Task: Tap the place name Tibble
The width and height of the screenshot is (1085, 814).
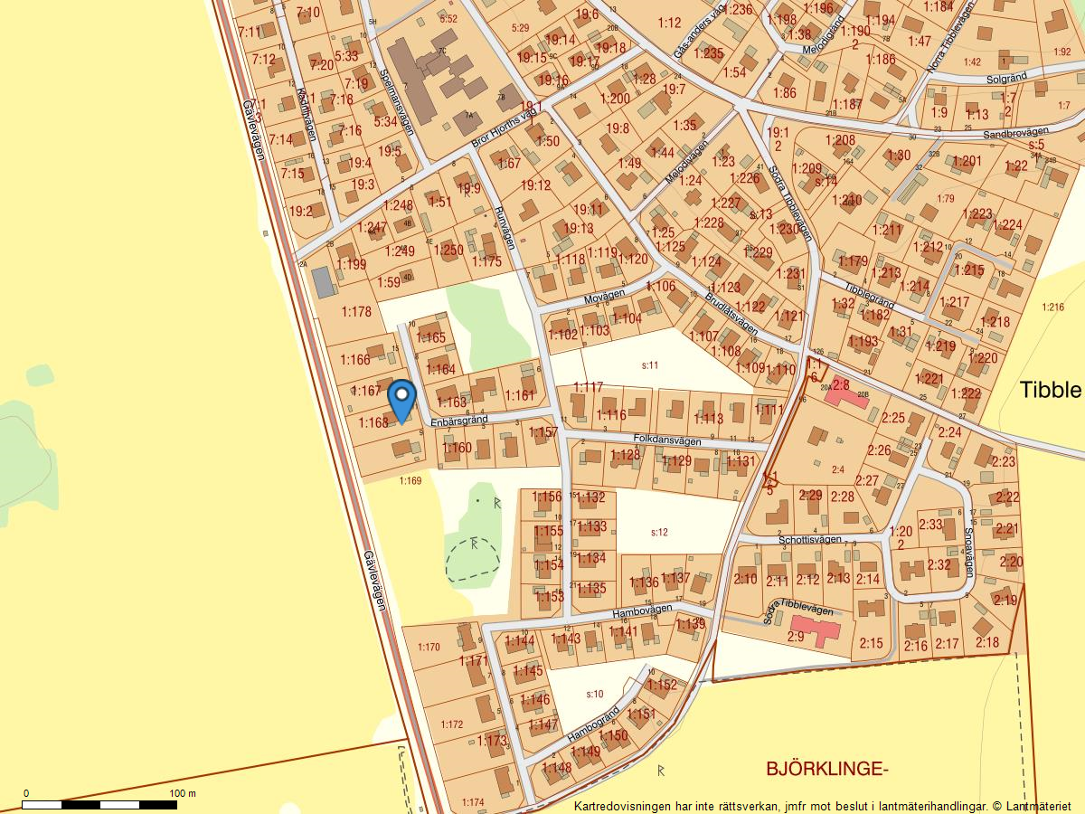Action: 1050,390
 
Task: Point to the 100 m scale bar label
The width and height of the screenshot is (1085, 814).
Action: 183,793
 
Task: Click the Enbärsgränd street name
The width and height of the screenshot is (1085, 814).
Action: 458,421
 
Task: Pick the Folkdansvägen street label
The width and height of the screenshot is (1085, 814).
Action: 667,440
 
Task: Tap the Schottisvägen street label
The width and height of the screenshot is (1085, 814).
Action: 810,539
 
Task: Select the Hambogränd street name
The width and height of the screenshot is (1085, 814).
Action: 594,726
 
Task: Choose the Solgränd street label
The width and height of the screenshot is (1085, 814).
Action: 1006,79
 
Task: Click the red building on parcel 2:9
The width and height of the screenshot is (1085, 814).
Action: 815,627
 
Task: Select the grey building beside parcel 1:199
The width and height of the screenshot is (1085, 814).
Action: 323,282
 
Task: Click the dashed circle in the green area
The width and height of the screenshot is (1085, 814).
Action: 473,558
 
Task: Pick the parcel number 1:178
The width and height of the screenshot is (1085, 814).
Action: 356,312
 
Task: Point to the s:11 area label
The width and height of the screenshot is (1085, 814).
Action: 649,365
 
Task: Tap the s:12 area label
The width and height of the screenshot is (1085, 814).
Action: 659,532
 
